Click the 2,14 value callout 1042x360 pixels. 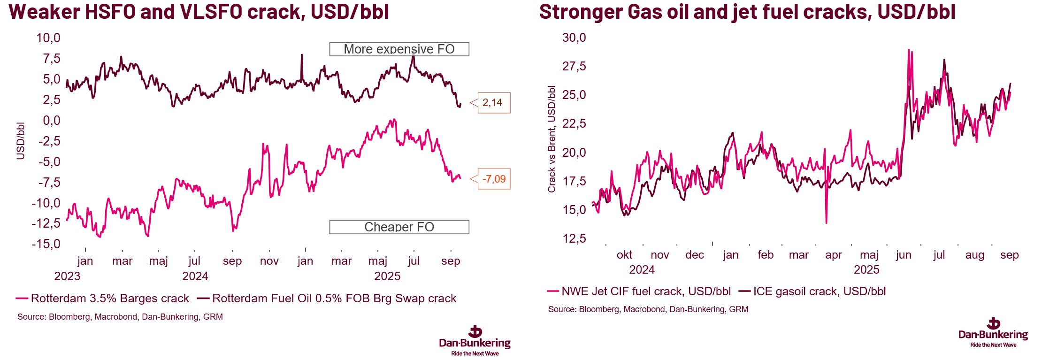click(x=492, y=103)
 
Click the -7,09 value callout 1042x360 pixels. click(x=494, y=179)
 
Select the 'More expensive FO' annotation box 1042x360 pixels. click(x=399, y=49)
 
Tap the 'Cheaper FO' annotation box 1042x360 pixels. click(x=399, y=227)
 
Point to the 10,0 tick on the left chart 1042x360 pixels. click(x=48, y=38)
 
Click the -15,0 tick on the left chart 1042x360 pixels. click(x=46, y=244)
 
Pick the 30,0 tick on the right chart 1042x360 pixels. click(x=574, y=38)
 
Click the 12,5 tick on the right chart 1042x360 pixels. click(x=574, y=238)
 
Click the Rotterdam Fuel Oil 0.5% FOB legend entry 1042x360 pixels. click(x=327, y=299)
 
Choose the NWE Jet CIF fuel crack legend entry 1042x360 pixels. click(x=639, y=291)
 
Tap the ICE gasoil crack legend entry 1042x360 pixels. click(x=812, y=291)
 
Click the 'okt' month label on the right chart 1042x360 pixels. click(x=624, y=255)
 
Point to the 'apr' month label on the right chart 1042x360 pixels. click(x=834, y=255)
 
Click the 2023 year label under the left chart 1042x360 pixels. click(x=67, y=276)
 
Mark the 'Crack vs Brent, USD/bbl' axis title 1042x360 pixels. click(x=552, y=139)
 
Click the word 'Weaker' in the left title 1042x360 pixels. click(x=45, y=11)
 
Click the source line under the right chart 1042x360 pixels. click(x=648, y=309)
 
